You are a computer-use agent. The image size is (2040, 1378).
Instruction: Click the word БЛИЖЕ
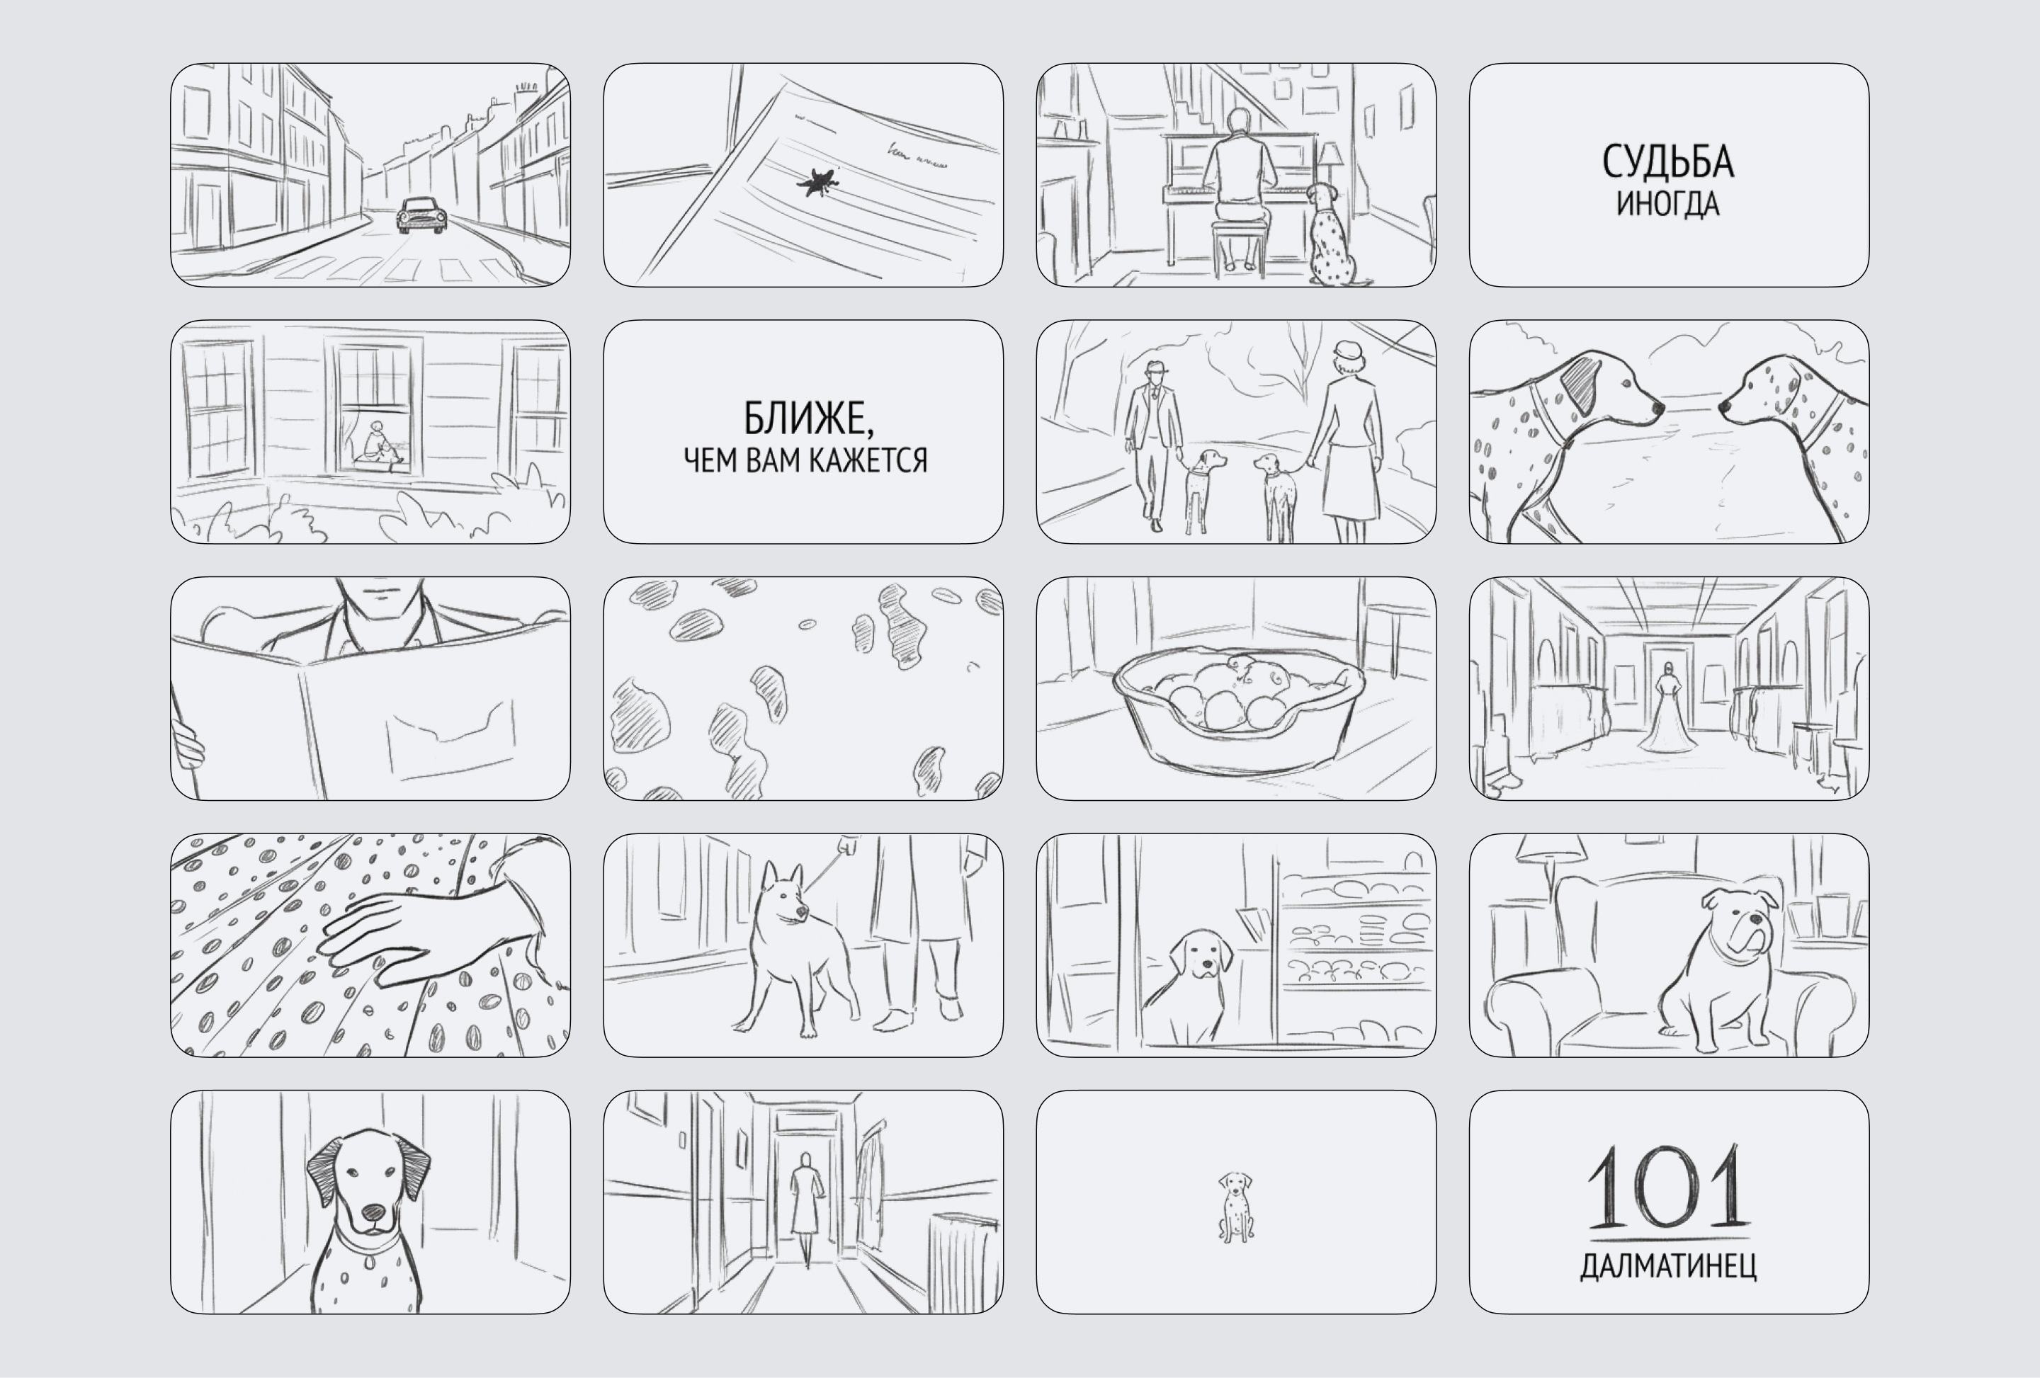click(x=808, y=418)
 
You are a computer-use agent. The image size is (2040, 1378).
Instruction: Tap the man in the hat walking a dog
click(x=1155, y=446)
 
